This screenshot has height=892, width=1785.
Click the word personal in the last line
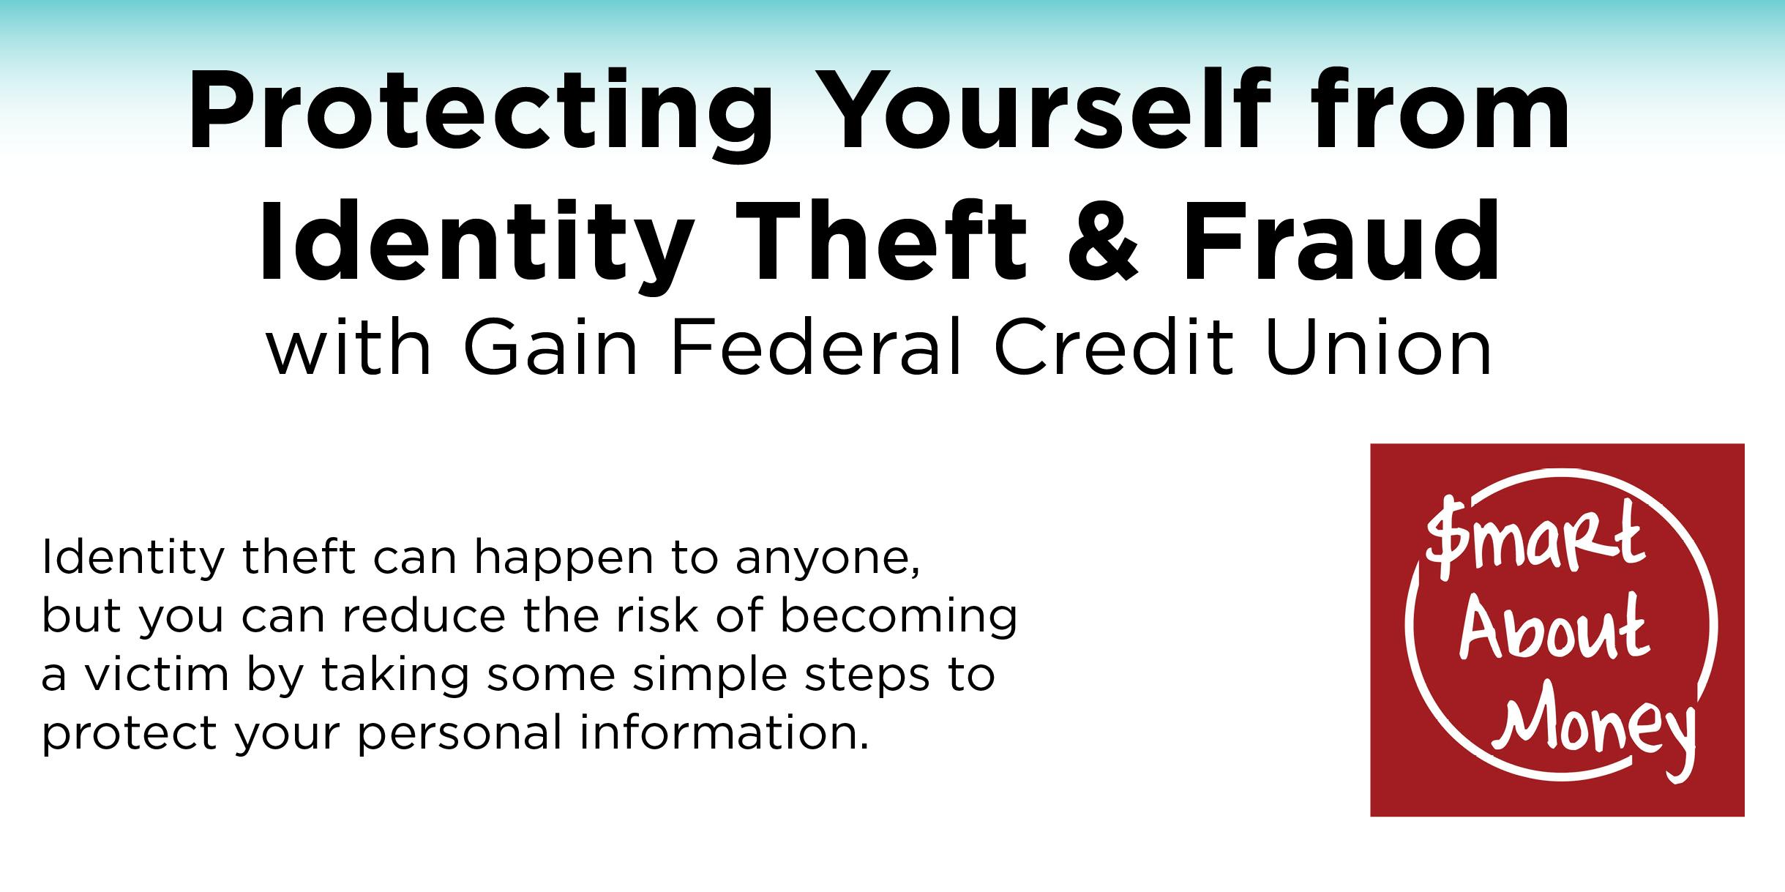click(459, 736)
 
